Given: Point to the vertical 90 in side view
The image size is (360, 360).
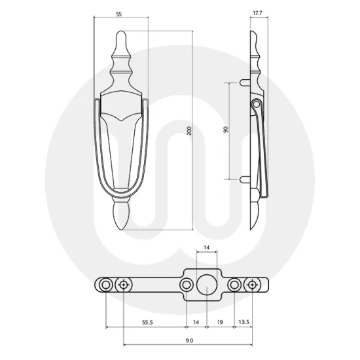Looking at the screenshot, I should click(x=226, y=130).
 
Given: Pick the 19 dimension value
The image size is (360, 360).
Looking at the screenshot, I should click(x=220, y=323).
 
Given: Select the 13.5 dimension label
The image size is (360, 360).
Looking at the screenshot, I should click(x=243, y=323).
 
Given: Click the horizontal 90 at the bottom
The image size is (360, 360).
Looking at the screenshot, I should click(x=188, y=341).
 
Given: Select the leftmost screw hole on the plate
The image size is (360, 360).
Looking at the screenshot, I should click(x=105, y=285).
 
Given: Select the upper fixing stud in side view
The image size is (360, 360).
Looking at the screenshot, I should click(x=244, y=82).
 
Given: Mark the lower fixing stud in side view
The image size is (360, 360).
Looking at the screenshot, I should click(x=244, y=178).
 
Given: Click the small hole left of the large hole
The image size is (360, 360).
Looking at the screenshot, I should click(x=188, y=285).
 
